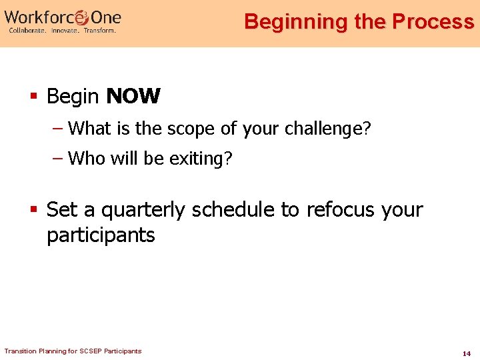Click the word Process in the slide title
pyautogui.click(x=433, y=21)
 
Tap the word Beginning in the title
pyautogui.click(x=296, y=21)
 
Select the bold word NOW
pyautogui.click(x=133, y=97)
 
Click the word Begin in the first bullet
pyautogui.click(x=73, y=97)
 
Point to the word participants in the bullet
pyautogui.click(x=101, y=235)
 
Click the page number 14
pyautogui.click(x=467, y=353)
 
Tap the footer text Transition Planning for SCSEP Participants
pyautogui.click(x=73, y=351)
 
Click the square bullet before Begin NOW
pyautogui.click(x=33, y=97)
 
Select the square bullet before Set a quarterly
pyautogui.click(x=33, y=211)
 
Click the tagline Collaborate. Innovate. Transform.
pyautogui.click(x=61, y=31)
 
